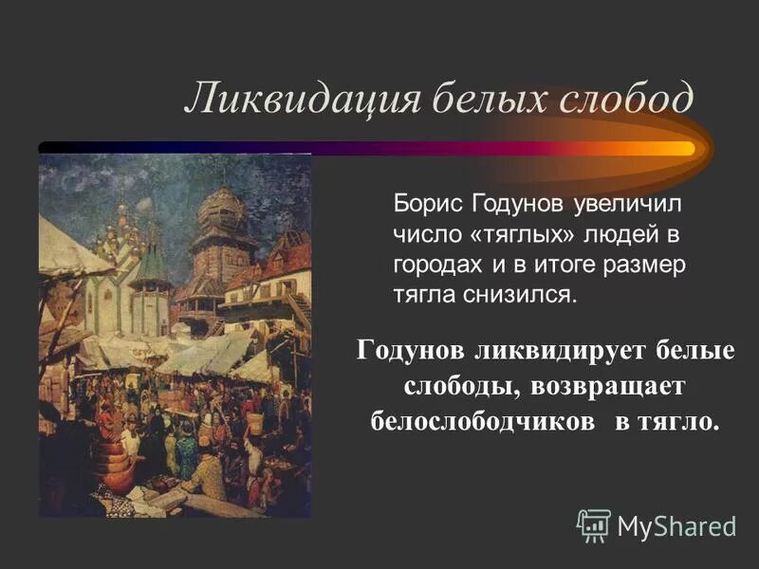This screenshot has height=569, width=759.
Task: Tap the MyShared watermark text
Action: [676, 525]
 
